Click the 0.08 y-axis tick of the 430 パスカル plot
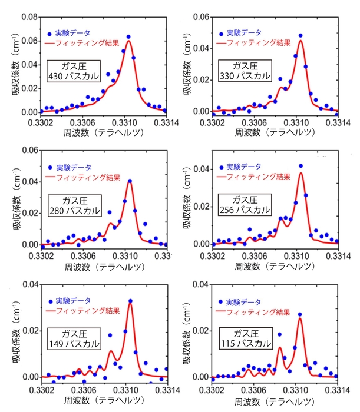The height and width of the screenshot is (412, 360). tap(28, 18)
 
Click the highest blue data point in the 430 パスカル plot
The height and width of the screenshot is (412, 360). tap(128, 37)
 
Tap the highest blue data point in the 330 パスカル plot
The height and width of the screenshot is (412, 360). tap(300, 35)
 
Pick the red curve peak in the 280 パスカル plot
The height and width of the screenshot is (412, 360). tap(130, 181)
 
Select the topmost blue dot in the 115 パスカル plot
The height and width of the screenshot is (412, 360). tap(300, 314)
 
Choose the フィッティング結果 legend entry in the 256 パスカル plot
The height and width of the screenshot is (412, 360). tap(255, 177)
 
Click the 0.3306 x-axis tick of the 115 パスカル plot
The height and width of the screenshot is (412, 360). tap(255, 389)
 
